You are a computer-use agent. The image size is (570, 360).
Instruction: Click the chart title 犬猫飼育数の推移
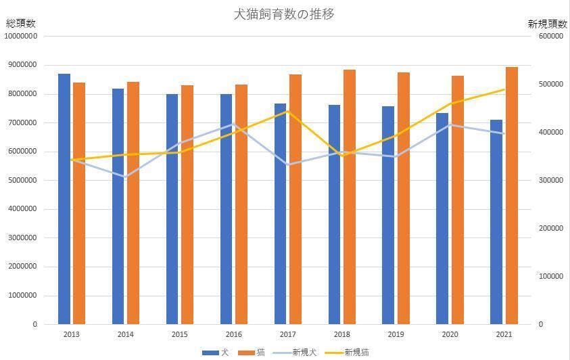284,14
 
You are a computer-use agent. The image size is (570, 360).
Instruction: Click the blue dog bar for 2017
281,214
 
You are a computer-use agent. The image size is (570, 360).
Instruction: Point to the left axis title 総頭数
21,24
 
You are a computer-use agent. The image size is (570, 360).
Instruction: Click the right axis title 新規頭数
548,24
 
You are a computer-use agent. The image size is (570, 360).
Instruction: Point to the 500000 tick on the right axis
551,85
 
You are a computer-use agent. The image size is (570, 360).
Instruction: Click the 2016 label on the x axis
233,334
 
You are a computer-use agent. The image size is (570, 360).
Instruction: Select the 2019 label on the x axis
396,334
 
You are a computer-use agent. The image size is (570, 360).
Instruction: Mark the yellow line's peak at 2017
287,111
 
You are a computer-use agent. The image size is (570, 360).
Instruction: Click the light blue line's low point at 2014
125,177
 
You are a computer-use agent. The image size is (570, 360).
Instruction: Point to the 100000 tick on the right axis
551,277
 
